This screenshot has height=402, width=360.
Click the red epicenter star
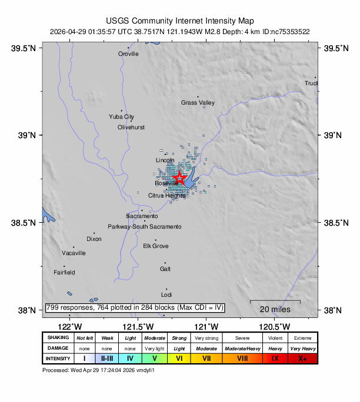[x=180, y=177]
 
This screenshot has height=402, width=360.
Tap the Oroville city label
[x=128, y=53]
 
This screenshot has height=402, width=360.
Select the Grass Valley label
[x=198, y=103]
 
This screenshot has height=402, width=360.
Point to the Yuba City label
[x=121, y=117]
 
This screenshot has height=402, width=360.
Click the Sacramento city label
[x=141, y=216]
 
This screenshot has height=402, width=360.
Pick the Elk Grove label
[x=156, y=246]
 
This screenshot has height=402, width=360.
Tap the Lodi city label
[x=166, y=294]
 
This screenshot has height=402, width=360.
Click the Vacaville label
[x=74, y=253]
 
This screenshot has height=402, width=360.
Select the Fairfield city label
[x=64, y=273]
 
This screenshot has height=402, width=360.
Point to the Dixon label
[x=94, y=239]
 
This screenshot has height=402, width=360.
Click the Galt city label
[x=165, y=269]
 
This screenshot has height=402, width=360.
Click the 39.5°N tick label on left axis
[x=24, y=48]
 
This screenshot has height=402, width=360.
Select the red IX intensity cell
[x=275, y=358]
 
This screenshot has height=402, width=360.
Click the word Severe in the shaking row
[x=242, y=338]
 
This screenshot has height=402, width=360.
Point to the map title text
[x=180, y=21]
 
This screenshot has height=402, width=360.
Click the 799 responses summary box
[x=135, y=307]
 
